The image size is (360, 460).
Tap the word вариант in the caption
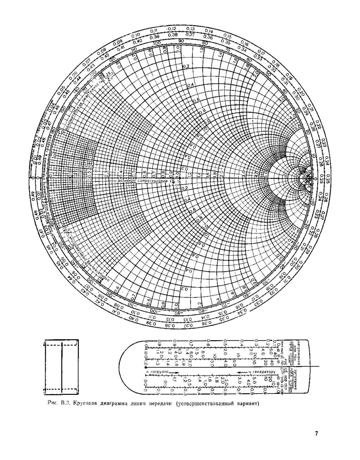(x=247, y=403)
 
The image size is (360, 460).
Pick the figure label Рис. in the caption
(x=52, y=403)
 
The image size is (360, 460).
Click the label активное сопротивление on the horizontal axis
(x=144, y=181)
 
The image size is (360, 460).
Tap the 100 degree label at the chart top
(x=156, y=44)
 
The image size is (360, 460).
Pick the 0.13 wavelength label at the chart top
(x=190, y=29)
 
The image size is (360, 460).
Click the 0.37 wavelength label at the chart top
(x=190, y=34)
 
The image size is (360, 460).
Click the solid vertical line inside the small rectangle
(x=61, y=367)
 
